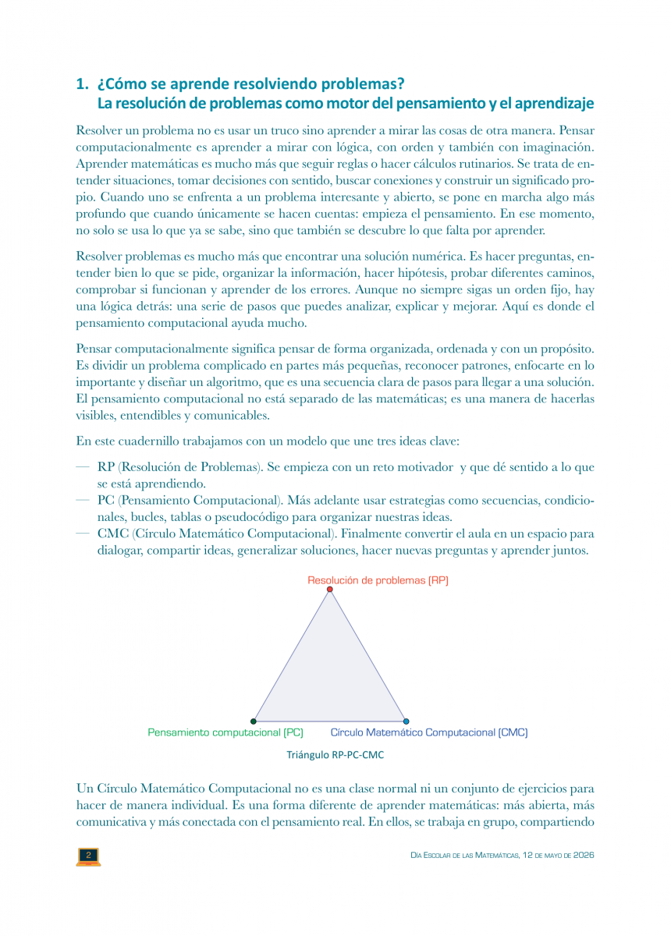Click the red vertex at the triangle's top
point(330,590)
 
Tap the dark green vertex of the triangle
point(254,721)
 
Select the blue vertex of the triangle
point(406,721)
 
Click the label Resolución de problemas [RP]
point(378,580)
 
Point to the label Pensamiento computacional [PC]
point(225,732)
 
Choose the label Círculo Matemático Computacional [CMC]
point(428,732)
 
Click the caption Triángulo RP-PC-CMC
point(335,755)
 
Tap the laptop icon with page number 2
point(88,856)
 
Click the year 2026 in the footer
point(582,856)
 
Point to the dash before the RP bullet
point(82,468)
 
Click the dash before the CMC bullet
point(82,534)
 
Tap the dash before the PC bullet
point(82,501)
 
